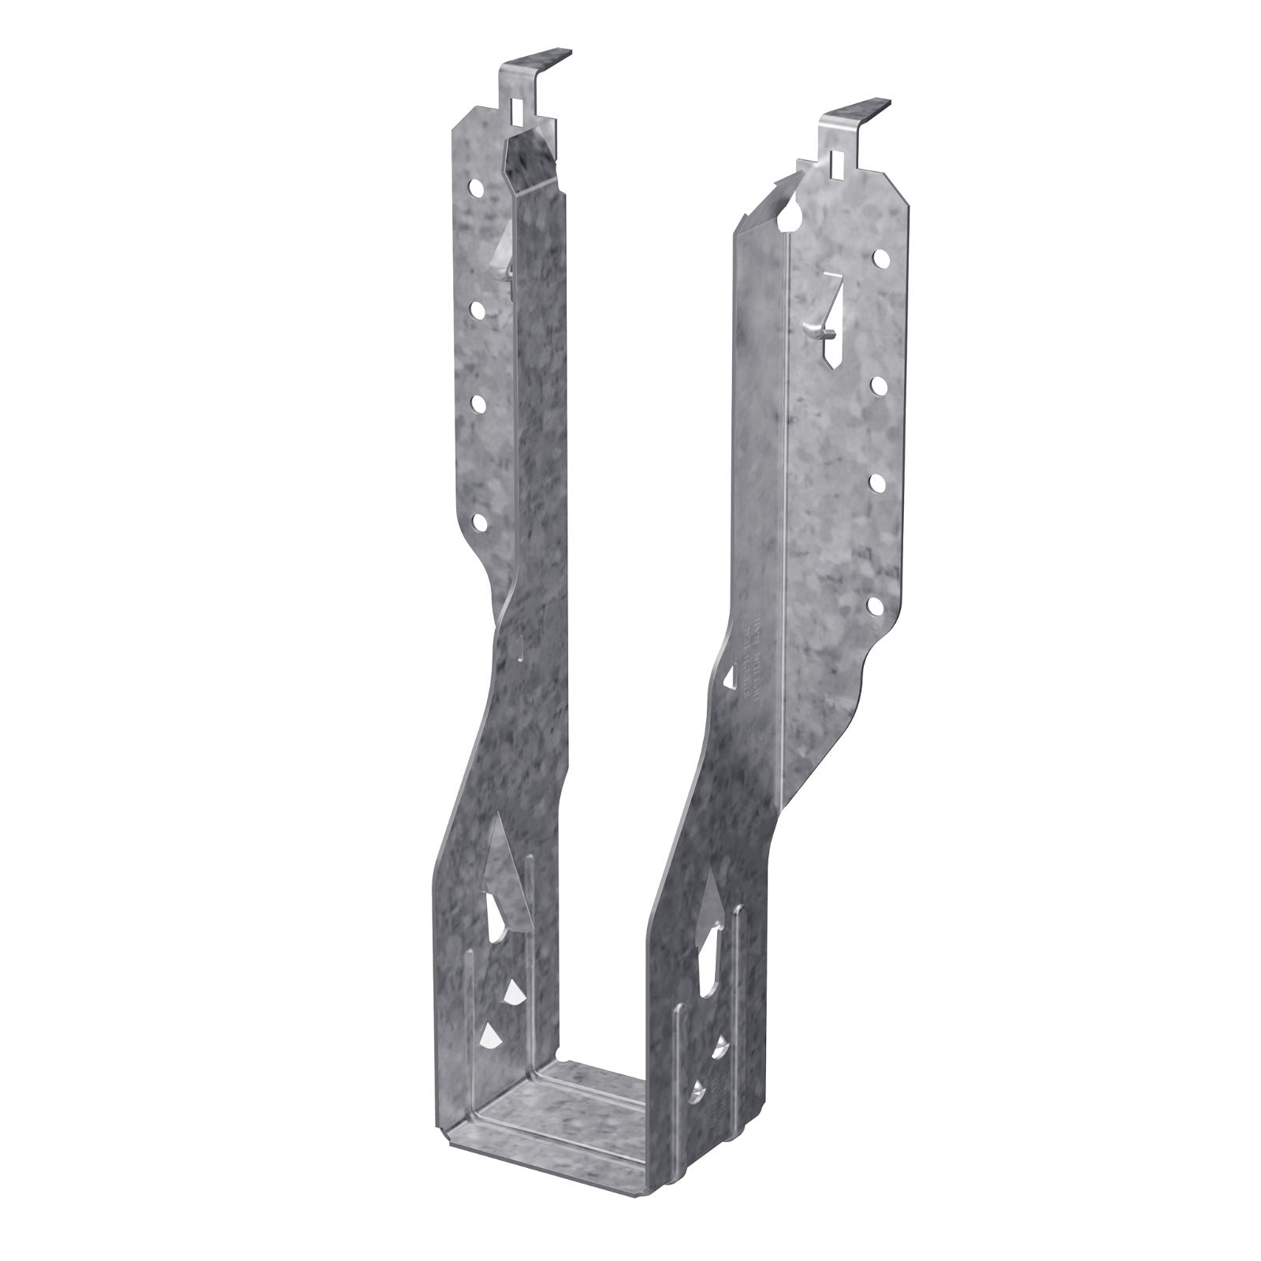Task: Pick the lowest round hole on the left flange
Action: point(478,520)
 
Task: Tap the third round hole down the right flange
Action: point(876,480)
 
